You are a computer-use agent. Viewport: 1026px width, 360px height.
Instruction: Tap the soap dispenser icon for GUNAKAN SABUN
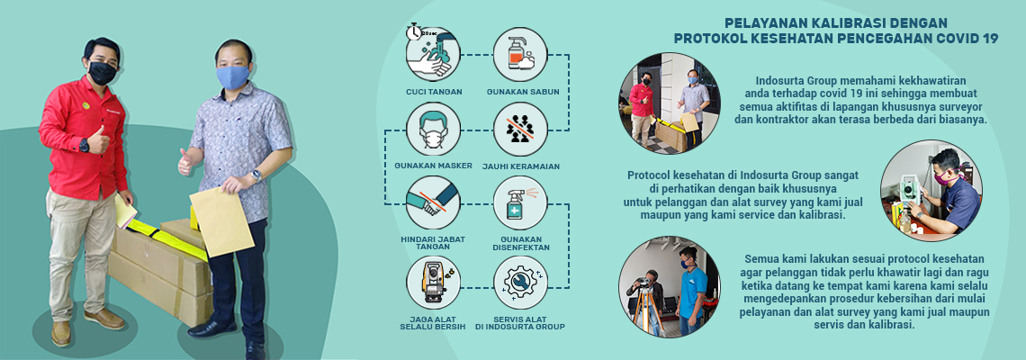pyautogui.click(x=520, y=54)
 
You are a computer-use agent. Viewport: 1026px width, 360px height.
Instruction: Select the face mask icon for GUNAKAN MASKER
pyautogui.click(x=433, y=130)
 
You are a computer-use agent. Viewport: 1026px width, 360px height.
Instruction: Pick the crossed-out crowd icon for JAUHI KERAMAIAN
pyautogui.click(x=520, y=130)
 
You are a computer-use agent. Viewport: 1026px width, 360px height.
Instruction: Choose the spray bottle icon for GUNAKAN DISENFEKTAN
pyautogui.click(x=520, y=203)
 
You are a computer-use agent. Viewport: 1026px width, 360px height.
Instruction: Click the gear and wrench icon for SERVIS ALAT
pyautogui.click(x=520, y=283)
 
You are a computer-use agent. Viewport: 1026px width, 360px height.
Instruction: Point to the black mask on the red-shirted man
pyautogui.click(x=102, y=72)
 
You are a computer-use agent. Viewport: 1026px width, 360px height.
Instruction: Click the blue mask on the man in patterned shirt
pyautogui.click(x=232, y=76)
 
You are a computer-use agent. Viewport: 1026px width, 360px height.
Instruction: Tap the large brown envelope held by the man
pyautogui.click(x=220, y=220)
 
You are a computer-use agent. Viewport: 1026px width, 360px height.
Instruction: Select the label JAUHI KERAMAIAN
pyautogui.click(x=520, y=166)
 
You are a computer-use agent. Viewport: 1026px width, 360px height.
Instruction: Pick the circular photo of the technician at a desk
pyautogui.click(x=931, y=191)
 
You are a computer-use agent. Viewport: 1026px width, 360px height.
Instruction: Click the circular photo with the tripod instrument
pyautogui.click(x=669, y=287)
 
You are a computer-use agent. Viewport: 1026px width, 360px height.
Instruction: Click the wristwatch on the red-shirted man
pyautogui.click(x=84, y=144)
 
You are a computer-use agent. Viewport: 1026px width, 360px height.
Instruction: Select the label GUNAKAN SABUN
pyautogui.click(x=520, y=92)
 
